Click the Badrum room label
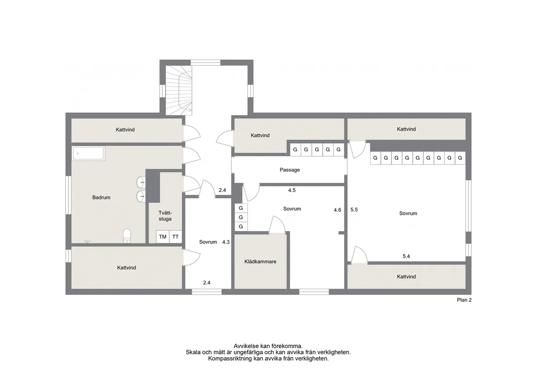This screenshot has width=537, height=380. (x=101, y=197)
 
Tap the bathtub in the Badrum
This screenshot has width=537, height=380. (x=88, y=154)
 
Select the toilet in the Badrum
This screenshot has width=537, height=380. (x=127, y=235)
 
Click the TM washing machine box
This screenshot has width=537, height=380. (x=162, y=237)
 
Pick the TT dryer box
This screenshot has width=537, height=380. (x=175, y=237)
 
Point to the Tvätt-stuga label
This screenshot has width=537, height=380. (x=165, y=216)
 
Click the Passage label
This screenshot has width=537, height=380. (x=290, y=170)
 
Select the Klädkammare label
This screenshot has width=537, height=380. (x=260, y=262)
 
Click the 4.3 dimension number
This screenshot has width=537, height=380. (x=226, y=242)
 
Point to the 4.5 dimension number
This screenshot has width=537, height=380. (x=292, y=190)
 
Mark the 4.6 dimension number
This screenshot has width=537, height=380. (x=337, y=209)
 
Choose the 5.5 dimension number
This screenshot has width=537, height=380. (x=354, y=209)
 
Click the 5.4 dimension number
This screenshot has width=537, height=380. (x=406, y=256)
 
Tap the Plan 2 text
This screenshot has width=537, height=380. (x=464, y=301)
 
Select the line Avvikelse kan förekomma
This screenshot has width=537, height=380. (x=268, y=346)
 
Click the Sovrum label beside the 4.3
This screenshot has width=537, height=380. (x=208, y=242)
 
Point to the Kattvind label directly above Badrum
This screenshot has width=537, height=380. (x=125, y=130)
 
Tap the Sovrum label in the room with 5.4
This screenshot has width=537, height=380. (x=408, y=213)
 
